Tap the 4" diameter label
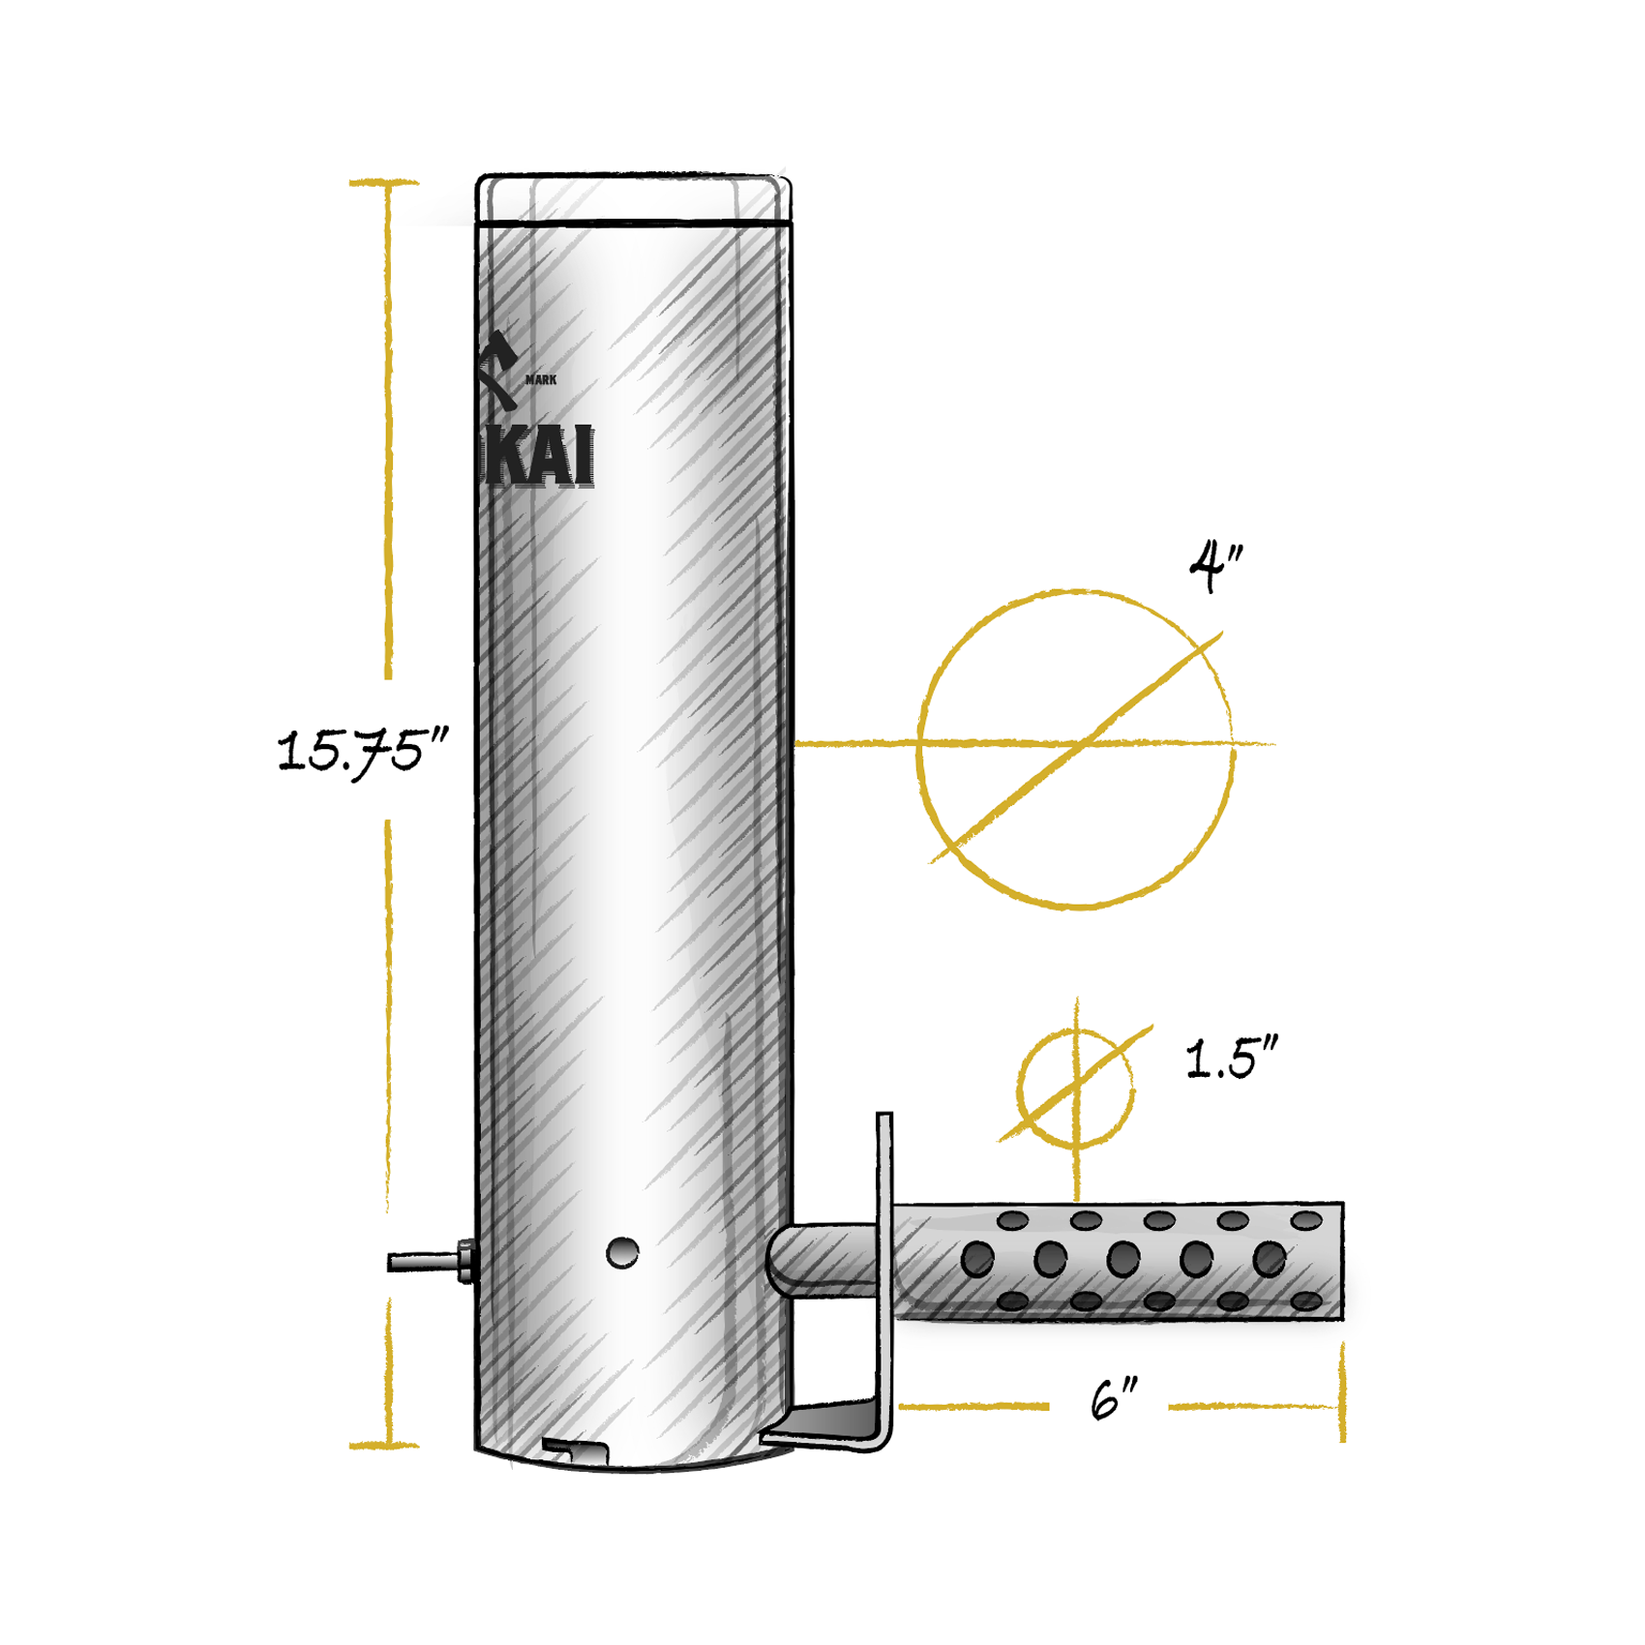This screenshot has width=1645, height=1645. tap(1215, 566)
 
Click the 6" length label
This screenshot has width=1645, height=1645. tap(1113, 1400)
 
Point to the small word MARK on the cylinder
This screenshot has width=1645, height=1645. tap(541, 380)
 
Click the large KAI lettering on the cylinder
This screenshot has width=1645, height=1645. tap(538, 457)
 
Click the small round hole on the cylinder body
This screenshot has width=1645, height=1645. tap(622, 1253)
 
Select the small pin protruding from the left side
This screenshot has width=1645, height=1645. tap(426, 1262)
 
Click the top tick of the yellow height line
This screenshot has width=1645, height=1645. tap(385, 182)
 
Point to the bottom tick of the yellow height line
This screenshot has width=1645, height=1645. tap(385, 1446)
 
